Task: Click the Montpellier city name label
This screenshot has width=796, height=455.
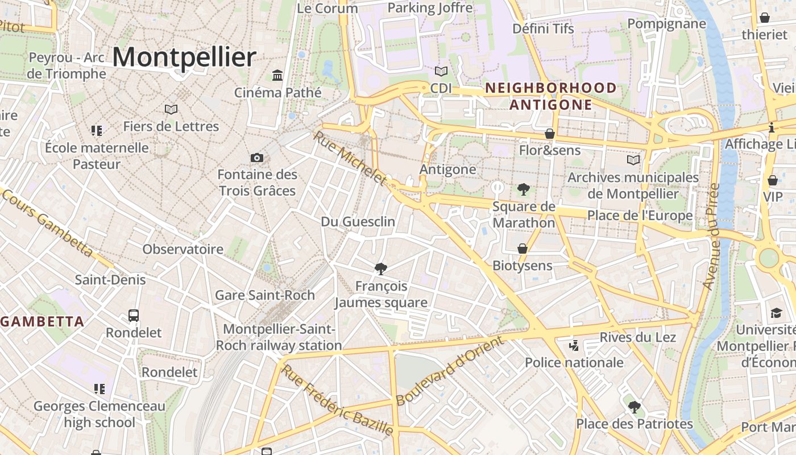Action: pos(184,57)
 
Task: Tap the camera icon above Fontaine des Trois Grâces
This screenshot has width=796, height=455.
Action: pos(257,158)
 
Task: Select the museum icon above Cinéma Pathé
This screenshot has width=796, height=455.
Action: pos(277,75)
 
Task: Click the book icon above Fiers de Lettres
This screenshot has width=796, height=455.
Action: pos(171,109)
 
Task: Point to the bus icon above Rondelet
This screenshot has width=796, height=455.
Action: pos(134,315)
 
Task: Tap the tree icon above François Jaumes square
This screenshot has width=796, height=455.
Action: pos(381,268)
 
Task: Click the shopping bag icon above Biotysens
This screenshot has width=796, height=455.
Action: pos(522,249)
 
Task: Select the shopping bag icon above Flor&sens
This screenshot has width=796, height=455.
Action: pos(550,134)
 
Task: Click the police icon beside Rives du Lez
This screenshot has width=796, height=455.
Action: pos(574,345)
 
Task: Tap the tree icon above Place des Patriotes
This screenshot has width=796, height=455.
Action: pos(635,407)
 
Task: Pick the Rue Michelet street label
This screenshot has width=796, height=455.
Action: pos(350,158)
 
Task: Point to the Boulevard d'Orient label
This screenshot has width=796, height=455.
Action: pos(450,370)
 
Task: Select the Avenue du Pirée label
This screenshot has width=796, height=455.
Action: pos(711,236)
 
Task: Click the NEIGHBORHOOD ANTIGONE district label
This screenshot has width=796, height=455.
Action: pos(550,96)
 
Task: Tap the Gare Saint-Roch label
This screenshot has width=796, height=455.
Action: pos(264,295)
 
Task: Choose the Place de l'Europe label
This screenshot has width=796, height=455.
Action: pos(640,216)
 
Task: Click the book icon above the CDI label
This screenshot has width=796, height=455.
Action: pos(441,71)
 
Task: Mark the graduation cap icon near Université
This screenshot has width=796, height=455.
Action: pos(776,313)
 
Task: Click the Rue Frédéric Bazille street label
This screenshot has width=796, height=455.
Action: pos(338,400)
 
